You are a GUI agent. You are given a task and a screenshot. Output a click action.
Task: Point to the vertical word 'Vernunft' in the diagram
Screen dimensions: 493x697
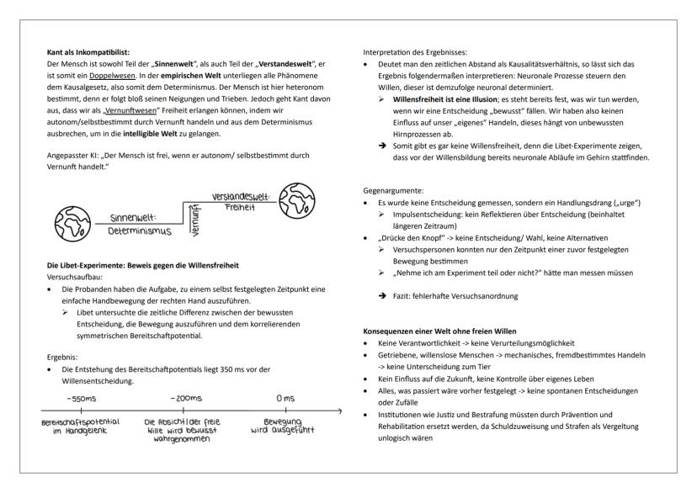click(x=194, y=217)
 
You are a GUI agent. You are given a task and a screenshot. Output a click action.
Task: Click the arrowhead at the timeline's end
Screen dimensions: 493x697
click(x=338, y=411)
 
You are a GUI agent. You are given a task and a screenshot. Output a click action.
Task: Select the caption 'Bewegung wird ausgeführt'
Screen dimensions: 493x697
click(x=282, y=427)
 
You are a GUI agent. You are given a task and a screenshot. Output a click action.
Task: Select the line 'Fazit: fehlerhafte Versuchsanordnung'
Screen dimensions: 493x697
click(x=453, y=296)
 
